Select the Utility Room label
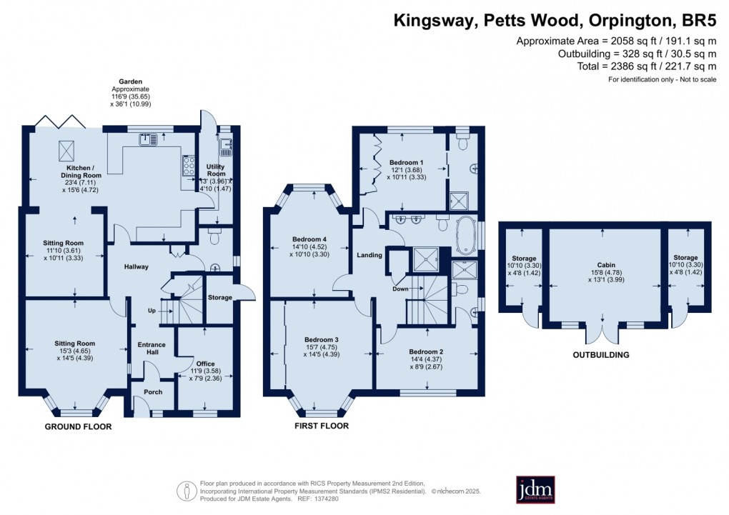pyautogui.click(x=216, y=169)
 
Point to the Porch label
pyautogui.click(x=153, y=392)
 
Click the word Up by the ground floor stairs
pyautogui.click(x=152, y=311)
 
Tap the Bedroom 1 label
pyautogui.click(x=407, y=162)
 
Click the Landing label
pyautogui.click(x=370, y=254)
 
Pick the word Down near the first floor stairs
pyautogui.click(x=400, y=289)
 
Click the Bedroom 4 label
pyautogui.click(x=309, y=239)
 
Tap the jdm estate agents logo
pyautogui.click(x=535, y=489)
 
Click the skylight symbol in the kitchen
pyautogui.click(x=68, y=151)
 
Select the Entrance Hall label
pyautogui.click(x=152, y=349)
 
